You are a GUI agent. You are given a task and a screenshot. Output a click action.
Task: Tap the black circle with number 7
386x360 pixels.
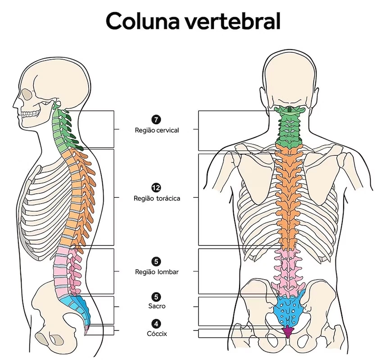point(156,120)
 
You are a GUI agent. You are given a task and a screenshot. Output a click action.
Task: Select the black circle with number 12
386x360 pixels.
point(156,188)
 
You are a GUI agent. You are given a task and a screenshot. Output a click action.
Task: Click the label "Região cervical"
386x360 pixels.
point(156,130)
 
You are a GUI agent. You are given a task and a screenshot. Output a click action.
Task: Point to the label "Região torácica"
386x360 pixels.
point(156,198)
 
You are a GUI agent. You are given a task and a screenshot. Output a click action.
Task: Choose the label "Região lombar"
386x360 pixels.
point(156,272)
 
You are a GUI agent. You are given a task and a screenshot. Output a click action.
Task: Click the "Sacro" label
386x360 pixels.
point(156,306)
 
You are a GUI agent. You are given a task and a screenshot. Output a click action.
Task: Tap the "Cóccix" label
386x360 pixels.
point(156,333)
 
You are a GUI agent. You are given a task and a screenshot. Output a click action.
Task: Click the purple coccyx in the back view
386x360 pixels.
point(287,332)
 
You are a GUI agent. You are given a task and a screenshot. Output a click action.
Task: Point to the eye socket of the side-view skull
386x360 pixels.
point(28,94)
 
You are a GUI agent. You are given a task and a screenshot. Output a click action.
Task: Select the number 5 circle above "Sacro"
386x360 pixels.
point(156,297)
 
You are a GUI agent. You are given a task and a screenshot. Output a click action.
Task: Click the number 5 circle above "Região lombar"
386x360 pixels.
point(156,261)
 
